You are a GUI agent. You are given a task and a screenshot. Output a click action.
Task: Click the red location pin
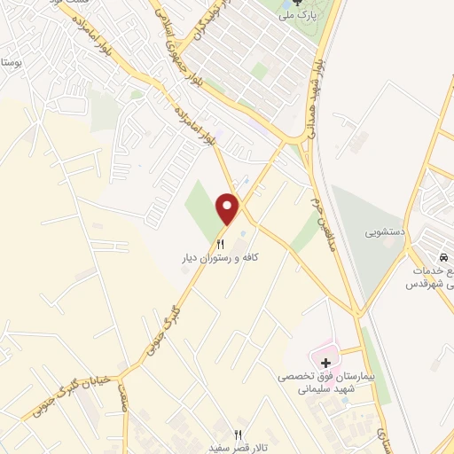[229, 208]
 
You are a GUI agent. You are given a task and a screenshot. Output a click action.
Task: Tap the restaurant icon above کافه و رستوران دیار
[221, 242]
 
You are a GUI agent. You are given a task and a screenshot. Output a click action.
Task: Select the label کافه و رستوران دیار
[221, 257]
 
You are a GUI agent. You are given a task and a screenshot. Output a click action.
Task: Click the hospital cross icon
[325, 362]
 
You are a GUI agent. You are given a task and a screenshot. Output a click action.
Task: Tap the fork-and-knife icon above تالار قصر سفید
[237, 434]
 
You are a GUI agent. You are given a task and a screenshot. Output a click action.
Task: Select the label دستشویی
[385, 232]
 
